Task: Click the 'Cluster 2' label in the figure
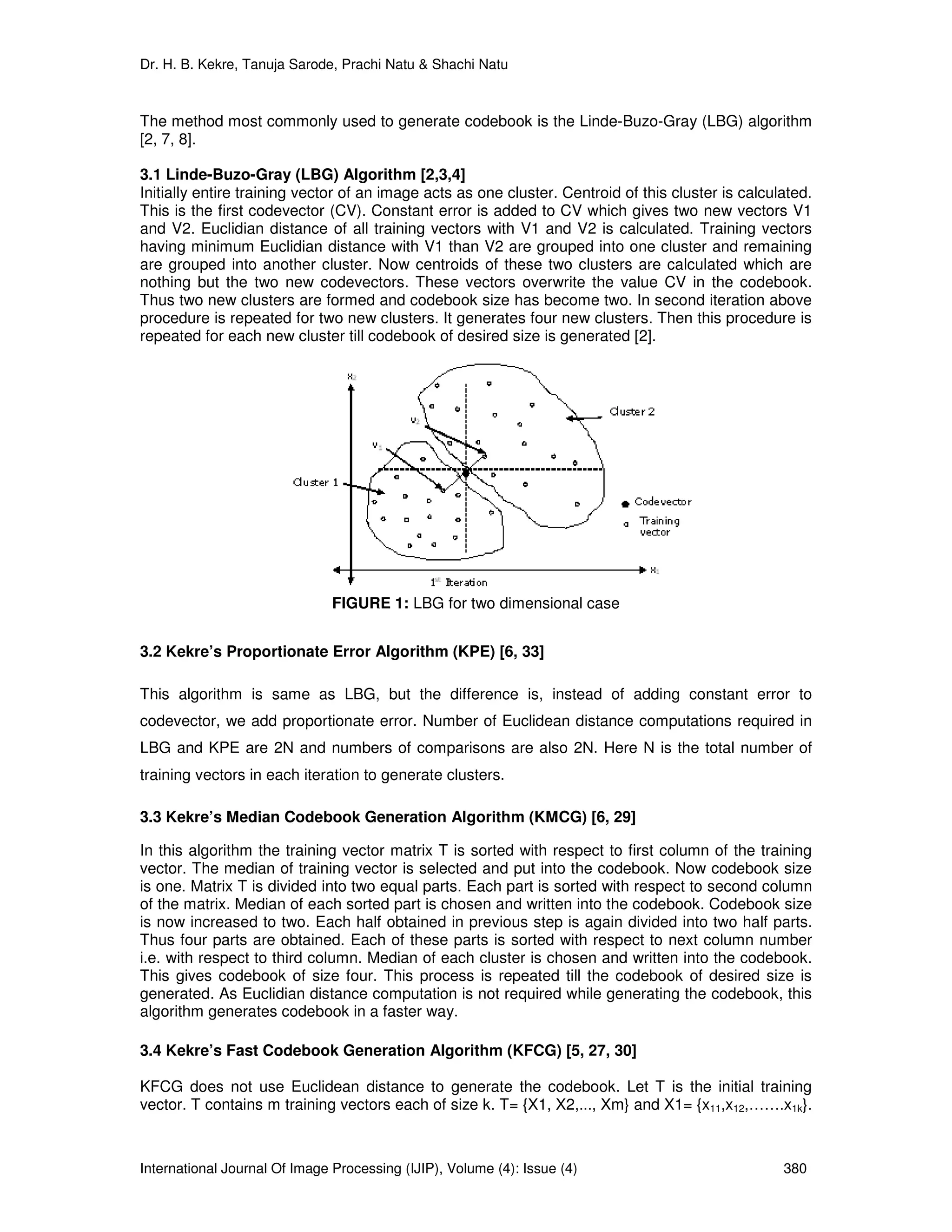click(x=632, y=411)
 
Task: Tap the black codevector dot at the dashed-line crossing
click(x=466, y=470)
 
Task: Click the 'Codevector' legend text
click(x=663, y=502)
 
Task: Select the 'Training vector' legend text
click(x=659, y=526)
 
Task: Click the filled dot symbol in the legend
click(x=625, y=503)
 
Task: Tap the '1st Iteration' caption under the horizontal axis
click(x=458, y=582)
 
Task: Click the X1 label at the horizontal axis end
click(x=654, y=570)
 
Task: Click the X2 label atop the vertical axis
click(x=351, y=376)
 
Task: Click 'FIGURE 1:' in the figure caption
click(x=370, y=603)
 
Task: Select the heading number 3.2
click(x=151, y=651)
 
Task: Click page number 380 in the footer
click(x=795, y=1168)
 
